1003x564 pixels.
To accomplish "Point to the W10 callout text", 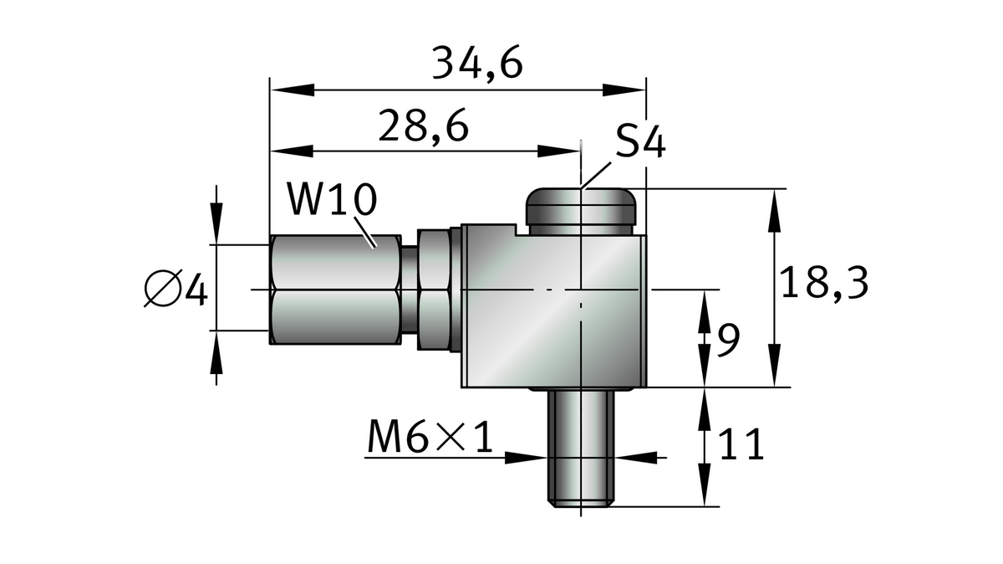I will pos(332,202).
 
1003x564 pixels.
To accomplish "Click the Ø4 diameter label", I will pos(175,290).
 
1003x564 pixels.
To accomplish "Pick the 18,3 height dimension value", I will pos(824,284).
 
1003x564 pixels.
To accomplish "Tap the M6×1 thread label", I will pos(430,436).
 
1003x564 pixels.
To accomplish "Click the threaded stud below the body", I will pos(583,448).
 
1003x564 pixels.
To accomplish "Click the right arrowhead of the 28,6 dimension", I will pos(560,151).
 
